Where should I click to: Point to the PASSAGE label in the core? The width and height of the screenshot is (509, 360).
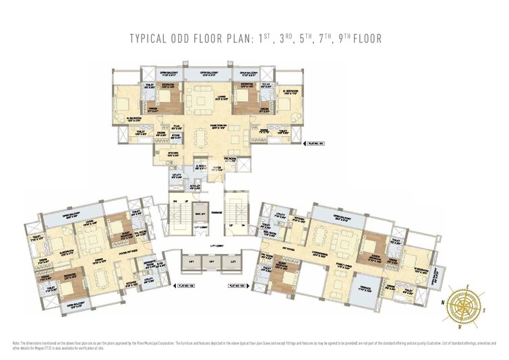tap(216, 213)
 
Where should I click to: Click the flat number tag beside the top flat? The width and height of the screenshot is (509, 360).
tap(315, 143)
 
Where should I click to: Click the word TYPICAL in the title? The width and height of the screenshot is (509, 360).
tap(150, 39)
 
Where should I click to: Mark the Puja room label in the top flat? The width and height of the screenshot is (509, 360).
tap(177, 125)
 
